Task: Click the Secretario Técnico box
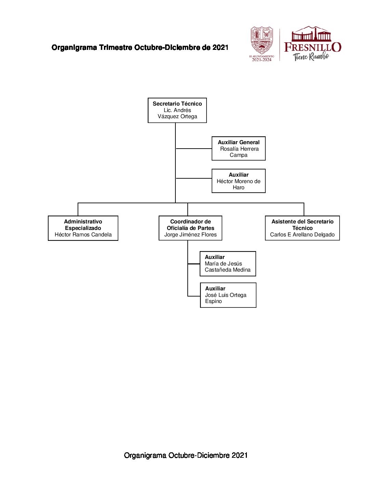coord(177,110)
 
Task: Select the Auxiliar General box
coord(238,149)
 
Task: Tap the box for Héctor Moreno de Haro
coord(238,181)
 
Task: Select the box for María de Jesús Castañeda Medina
coord(228,264)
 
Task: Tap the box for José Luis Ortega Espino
coord(228,295)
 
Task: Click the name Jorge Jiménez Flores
coord(190,235)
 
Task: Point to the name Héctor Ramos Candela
coord(83,235)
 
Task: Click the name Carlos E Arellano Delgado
coord(302,235)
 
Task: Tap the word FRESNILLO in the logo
coord(313,47)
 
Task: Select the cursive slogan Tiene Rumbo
coord(311,57)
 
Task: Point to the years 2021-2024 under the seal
coord(262,60)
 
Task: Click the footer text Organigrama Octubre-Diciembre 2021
coord(186,455)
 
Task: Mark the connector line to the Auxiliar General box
coord(194,149)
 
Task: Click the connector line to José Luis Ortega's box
coord(194,296)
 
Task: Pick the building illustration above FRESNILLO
coord(311,34)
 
